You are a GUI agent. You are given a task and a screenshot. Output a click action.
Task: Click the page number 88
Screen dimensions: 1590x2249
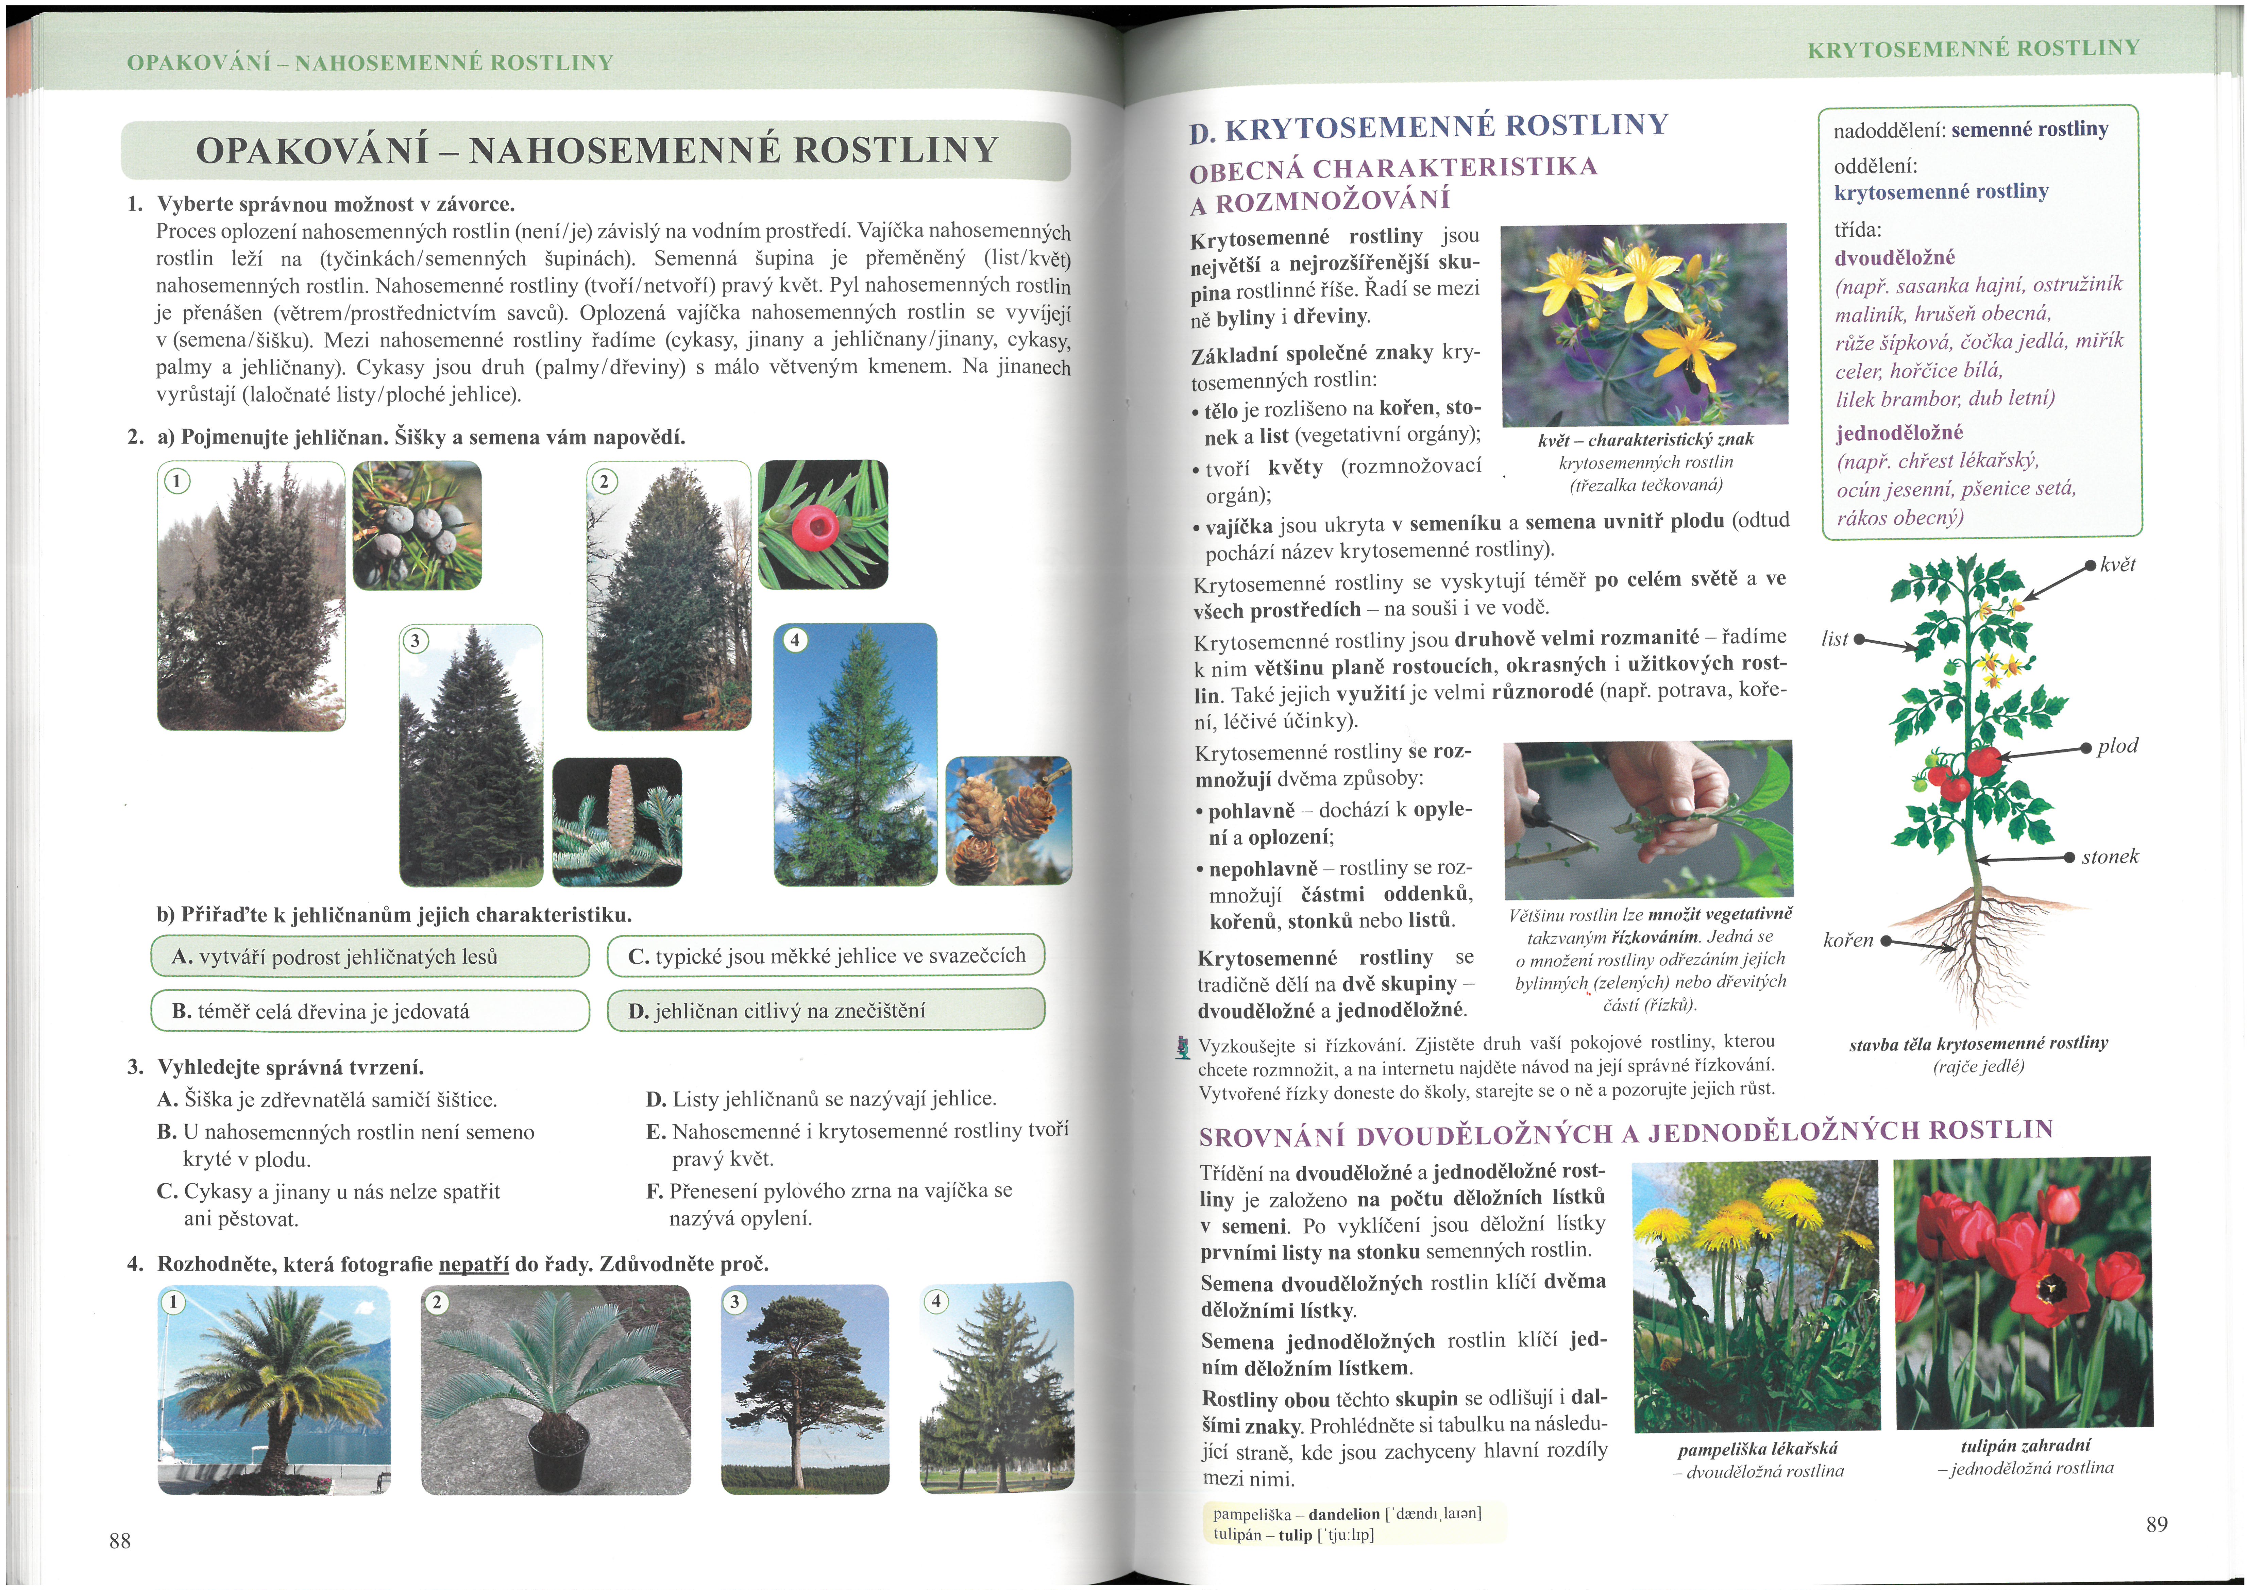[x=119, y=1540]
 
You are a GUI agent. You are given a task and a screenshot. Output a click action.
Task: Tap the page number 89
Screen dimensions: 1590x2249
[x=2156, y=1523]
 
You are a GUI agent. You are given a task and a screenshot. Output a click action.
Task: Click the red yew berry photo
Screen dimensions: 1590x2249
[x=823, y=524]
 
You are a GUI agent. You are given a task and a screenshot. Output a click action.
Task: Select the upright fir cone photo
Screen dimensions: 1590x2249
[x=617, y=821]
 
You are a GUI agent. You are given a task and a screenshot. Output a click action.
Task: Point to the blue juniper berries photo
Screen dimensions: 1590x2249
[x=417, y=525]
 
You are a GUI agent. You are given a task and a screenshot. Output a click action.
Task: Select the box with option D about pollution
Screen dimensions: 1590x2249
[x=826, y=1010]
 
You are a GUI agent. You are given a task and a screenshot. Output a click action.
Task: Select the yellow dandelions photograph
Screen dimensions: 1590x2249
[x=1756, y=1295]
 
